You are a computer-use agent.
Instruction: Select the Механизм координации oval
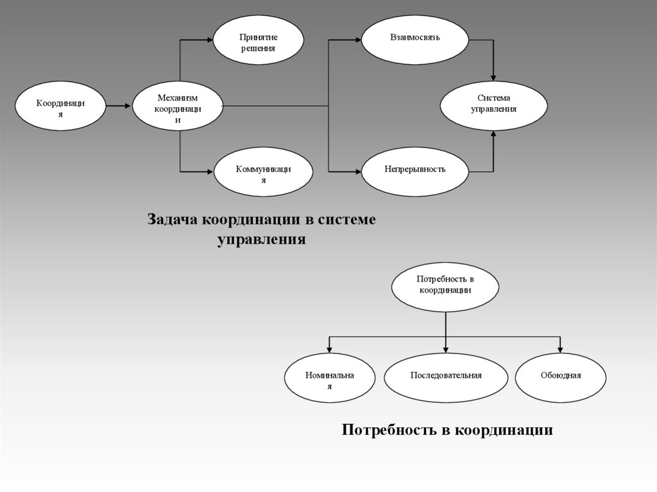(x=177, y=106)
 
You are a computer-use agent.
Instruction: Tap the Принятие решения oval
(x=258, y=40)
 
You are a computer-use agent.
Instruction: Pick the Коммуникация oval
(x=263, y=171)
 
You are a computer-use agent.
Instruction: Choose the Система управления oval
(x=493, y=105)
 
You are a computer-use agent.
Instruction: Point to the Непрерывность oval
(x=414, y=171)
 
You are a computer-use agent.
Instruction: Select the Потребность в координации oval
(x=445, y=287)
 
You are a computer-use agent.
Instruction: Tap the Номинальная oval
(x=330, y=377)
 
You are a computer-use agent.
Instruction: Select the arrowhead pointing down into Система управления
(x=493, y=77)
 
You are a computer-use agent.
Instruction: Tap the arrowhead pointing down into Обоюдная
(x=560, y=349)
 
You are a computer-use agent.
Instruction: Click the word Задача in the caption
(x=173, y=219)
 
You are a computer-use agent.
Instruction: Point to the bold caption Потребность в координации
(x=447, y=429)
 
